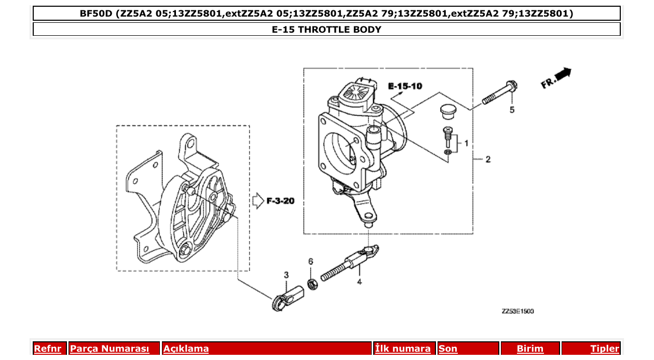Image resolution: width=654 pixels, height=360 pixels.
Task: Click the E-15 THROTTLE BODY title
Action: point(326,30)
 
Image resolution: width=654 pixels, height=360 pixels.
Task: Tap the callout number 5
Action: point(512,110)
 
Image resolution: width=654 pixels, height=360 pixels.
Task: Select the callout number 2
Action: point(487,159)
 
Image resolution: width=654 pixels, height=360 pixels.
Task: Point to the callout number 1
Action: point(466,143)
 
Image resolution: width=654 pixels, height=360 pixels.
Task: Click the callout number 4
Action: point(359,282)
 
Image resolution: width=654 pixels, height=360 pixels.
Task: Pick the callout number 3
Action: point(285,274)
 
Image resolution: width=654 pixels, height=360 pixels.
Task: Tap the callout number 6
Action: point(310,261)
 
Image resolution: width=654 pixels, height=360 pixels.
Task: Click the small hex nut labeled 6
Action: point(312,284)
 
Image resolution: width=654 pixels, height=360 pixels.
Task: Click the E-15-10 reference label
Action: point(405,86)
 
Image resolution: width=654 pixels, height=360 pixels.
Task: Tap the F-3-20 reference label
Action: point(280,201)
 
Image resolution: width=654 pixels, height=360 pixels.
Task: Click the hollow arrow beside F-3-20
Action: point(257,201)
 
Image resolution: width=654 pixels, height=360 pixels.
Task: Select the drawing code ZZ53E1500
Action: point(517,311)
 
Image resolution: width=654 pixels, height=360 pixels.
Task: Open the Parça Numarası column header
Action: point(110,349)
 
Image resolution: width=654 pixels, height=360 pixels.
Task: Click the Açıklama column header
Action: point(186,349)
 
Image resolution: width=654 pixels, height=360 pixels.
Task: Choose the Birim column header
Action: point(530,349)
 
